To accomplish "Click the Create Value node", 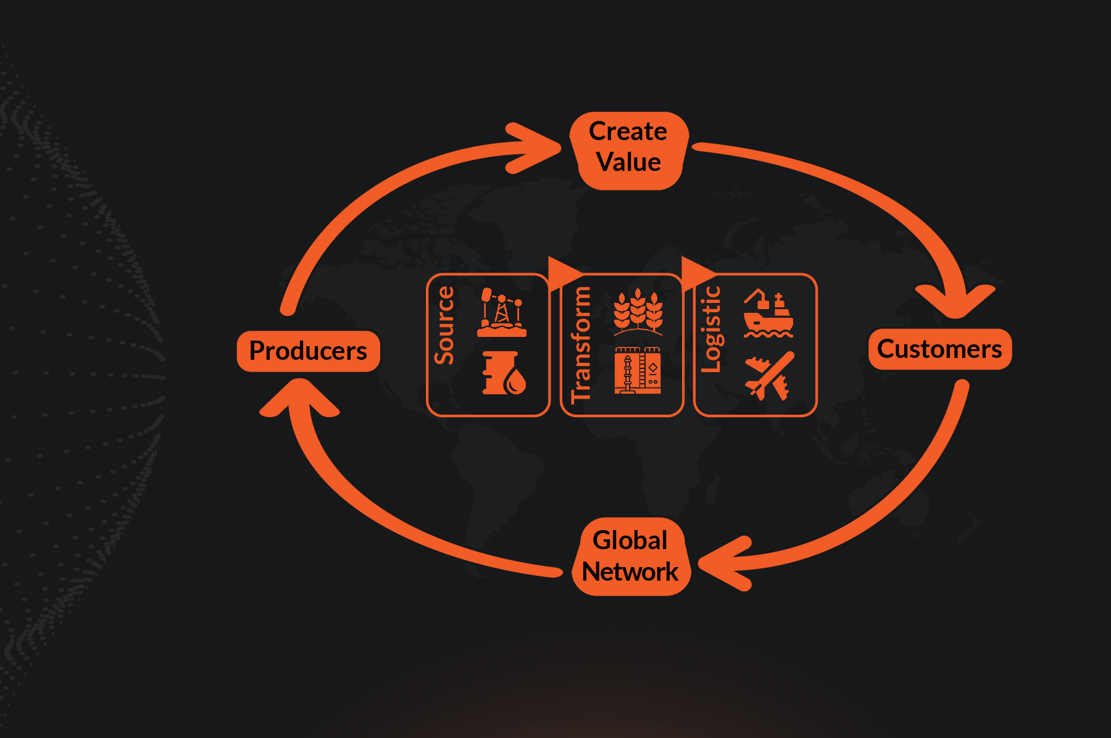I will [628, 150].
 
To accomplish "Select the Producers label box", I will [308, 351].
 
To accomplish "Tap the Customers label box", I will [939, 349].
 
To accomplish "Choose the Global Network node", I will [630, 556].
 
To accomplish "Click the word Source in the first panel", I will [444, 325].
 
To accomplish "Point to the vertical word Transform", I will [581, 344].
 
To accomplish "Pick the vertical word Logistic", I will [711, 329].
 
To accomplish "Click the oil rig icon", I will [501, 312].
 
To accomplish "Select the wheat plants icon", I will [638, 312].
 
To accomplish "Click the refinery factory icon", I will [638, 370].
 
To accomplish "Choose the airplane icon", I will [769, 376].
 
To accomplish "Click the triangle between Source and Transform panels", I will [562, 272].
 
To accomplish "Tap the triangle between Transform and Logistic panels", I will [696, 272].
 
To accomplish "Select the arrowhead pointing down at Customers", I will [955, 299].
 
